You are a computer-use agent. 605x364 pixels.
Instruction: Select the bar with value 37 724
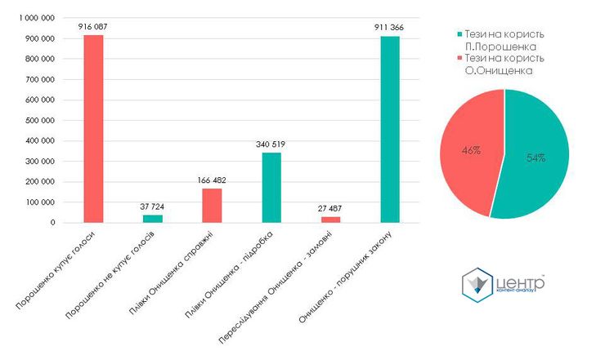(153, 218)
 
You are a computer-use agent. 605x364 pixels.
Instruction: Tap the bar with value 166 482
(212, 205)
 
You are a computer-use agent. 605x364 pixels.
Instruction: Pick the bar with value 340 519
(271, 187)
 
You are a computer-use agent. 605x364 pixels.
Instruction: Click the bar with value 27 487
(330, 219)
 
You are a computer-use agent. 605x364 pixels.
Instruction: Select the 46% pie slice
(469, 150)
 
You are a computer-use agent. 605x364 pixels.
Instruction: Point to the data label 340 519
(271, 144)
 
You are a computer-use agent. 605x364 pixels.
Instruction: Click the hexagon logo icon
(478, 285)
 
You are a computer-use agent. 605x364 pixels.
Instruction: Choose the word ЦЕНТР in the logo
(520, 282)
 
